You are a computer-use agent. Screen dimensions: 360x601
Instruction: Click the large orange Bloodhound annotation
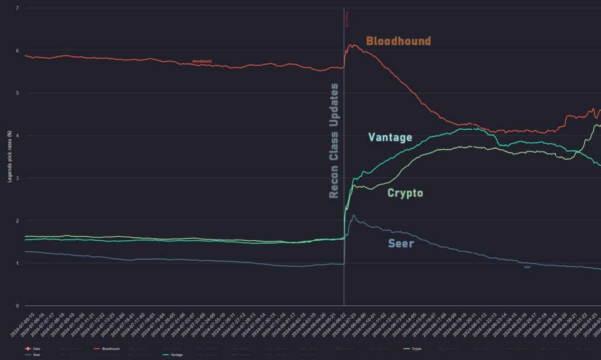399,41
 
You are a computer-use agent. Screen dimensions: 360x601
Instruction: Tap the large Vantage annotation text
390,137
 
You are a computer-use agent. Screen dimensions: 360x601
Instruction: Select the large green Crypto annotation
405,193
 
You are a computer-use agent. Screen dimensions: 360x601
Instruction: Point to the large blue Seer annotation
401,243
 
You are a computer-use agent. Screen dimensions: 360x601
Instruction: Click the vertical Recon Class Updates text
334,140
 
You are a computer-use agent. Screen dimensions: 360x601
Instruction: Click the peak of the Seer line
353,216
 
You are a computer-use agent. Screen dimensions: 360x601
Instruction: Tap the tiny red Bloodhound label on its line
202,61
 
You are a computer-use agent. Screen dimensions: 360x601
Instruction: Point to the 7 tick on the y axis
18,8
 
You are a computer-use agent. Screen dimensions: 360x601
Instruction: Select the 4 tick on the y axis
18,136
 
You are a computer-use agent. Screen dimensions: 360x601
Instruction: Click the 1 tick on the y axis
18,263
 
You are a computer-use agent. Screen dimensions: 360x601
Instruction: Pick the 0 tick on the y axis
18,306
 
